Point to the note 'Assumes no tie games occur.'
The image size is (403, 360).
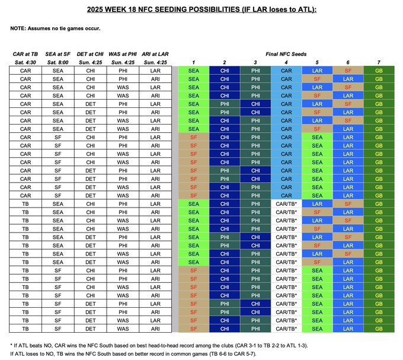pos(65,28)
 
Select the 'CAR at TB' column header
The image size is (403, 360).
pos(25,54)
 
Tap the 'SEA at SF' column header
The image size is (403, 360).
pos(58,54)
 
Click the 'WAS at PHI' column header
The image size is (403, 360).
pos(124,54)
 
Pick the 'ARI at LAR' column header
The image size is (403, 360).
pos(157,54)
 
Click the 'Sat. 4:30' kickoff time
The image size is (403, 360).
pos(25,62)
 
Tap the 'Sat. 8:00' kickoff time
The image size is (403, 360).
pos(58,62)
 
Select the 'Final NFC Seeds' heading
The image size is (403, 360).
pos(286,54)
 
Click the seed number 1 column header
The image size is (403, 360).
pos(194,62)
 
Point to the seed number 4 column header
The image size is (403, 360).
pos(286,62)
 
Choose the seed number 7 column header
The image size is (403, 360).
pos(379,62)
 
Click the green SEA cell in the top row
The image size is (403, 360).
pos(194,70)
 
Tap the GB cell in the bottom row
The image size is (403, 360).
pos(379,327)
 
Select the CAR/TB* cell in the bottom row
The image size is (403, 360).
pos(286,327)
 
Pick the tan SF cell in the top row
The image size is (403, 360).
pos(348,70)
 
